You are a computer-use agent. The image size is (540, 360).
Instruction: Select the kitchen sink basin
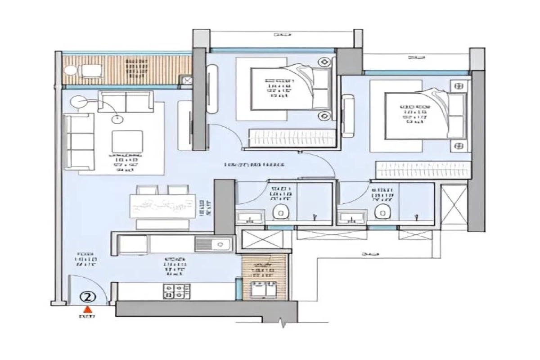(x=220, y=244)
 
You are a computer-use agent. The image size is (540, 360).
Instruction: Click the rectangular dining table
(x=163, y=206)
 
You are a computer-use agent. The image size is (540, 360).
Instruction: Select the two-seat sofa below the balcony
(x=126, y=101)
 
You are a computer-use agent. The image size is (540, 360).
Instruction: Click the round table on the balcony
(x=71, y=71)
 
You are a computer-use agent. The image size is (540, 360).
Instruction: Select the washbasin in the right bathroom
(x=352, y=219)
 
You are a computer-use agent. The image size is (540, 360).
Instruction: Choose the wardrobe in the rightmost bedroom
(x=423, y=170)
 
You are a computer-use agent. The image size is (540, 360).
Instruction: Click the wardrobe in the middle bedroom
(x=292, y=138)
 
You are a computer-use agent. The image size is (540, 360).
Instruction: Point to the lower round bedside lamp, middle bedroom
(x=324, y=117)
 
